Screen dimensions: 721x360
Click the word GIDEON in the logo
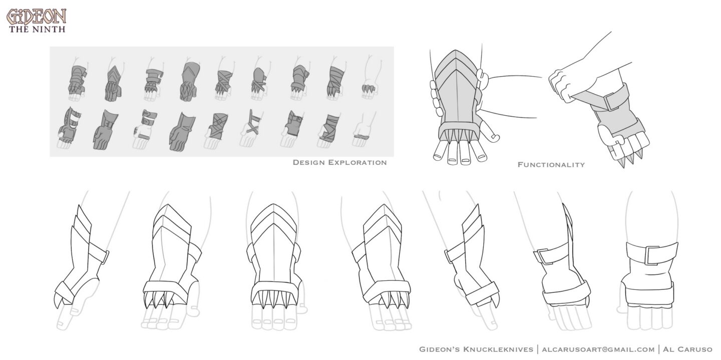pos(37,17)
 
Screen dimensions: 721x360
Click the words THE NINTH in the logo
pos(37,30)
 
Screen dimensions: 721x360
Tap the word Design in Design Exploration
pos(308,163)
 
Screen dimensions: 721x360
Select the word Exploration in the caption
pos(357,163)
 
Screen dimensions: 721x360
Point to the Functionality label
pos(551,165)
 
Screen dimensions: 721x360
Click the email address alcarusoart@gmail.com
pos(598,349)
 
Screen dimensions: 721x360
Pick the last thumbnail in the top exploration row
pos(370,77)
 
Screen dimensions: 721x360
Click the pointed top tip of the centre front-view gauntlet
pos(273,204)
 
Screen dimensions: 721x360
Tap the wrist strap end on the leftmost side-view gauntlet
pos(105,257)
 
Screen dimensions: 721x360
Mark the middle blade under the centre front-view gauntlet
pos(273,300)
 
